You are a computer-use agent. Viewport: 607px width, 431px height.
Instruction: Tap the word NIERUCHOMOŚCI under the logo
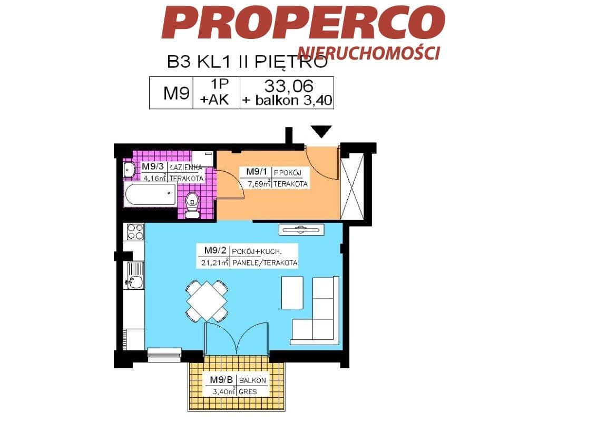pos(369,52)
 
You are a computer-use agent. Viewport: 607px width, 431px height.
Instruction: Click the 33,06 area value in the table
pos(288,85)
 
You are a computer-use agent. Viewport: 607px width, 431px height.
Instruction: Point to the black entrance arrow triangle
pos(321,131)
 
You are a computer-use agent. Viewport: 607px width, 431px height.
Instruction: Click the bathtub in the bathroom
pos(150,195)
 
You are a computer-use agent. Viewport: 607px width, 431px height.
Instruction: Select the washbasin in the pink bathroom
pos(129,170)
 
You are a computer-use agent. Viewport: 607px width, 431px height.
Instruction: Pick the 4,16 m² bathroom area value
pos(155,179)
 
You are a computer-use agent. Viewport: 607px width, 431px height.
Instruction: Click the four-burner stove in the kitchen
pos(135,232)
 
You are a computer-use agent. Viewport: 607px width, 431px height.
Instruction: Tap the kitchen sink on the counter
pos(134,276)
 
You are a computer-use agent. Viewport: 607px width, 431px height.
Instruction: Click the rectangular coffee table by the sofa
pos(292,293)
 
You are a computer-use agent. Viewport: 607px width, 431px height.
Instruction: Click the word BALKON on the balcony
pos(252,380)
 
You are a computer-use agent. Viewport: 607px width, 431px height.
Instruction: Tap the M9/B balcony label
pos(221,380)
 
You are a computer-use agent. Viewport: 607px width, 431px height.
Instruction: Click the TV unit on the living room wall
pos(301,230)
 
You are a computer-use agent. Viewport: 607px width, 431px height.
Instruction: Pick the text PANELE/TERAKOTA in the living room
pos(265,263)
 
